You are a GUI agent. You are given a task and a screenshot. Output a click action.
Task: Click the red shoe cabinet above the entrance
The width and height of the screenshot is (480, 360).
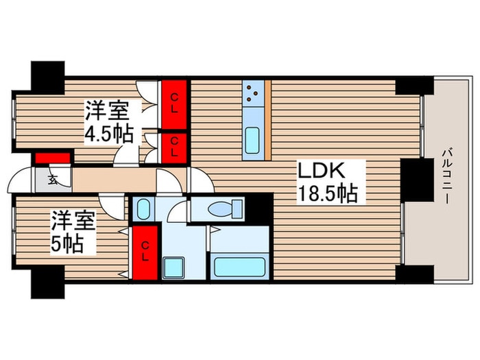point(52,158)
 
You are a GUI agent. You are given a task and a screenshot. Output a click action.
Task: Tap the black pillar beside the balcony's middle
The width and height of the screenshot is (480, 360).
point(414,180)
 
